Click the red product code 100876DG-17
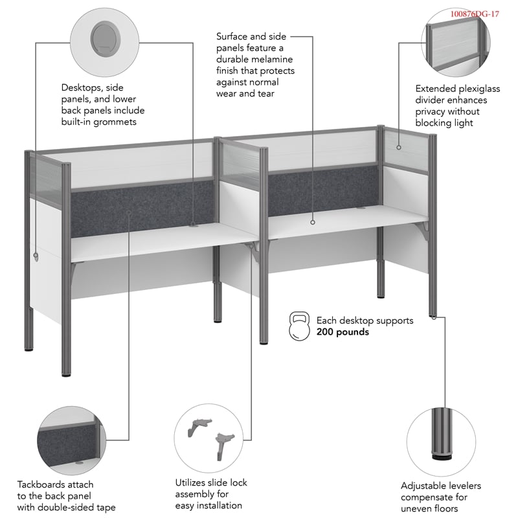point(475,14)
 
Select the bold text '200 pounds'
point(343,332)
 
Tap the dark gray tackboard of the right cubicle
point(324,191)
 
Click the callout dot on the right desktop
point(312,222)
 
